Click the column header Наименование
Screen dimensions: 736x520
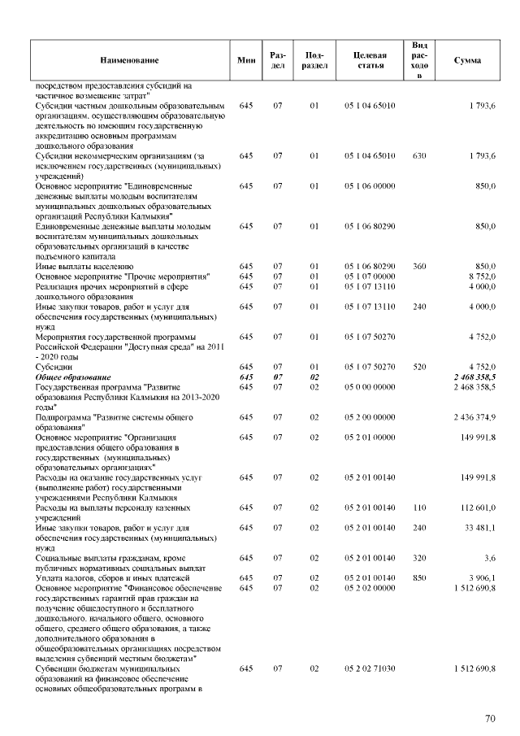pyautogui.click(x=129, y=61)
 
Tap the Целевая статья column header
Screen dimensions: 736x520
pyautogui.click(x=370, y=61)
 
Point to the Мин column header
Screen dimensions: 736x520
pyautogui.click(x=246, y=61)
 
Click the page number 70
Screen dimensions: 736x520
pyautogui.click(x=490, y=718)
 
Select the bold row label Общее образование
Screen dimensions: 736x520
pyautogui.click(x=71, y=378)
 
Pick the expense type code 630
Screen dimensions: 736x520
pyautogui.click(x=419, y=155)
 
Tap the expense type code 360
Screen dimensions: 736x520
pyautogui.click(x=419, y=266)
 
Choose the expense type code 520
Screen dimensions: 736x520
pyautogui.click(x=419, y=368)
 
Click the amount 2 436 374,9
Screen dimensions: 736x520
pyautogui.click(x=474, y=418)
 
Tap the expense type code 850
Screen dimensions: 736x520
pyautogui.click(x=419, y=577)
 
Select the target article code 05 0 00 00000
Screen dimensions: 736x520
pyautogui.click(x=370, y=388)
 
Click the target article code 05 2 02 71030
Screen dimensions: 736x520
pyautogui.click(x=370, y=668)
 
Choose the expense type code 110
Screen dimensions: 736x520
pyautogui.click(x=419, y=507)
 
